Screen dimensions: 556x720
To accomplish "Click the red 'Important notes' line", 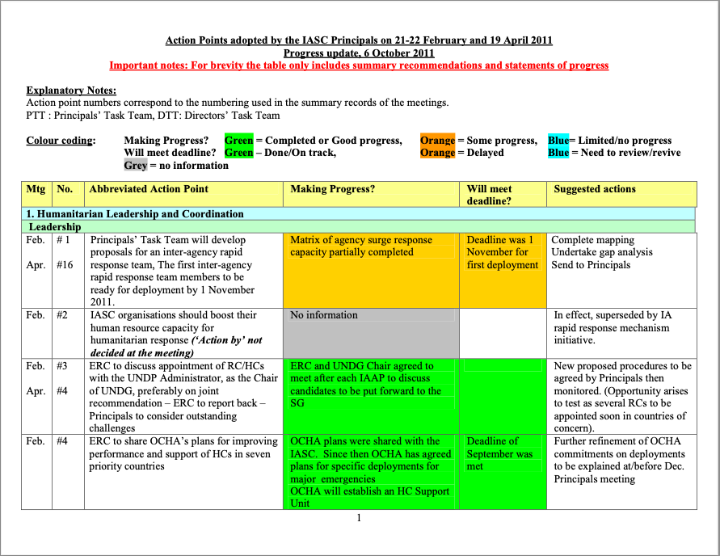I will click(359, 65).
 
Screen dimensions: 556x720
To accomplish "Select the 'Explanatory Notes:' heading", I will click(71, 91).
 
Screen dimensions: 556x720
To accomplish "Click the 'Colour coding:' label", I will click(61, 141).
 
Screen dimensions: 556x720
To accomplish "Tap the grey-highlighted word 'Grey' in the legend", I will click(136, 166).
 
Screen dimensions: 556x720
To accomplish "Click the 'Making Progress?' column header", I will click(333, 189).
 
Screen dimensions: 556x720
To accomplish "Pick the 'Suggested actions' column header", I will click(595, 189).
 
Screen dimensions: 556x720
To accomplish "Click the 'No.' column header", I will click(65, 189).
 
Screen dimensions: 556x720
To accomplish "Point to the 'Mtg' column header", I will click(36, 189).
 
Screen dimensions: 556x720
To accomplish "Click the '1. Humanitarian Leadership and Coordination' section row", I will click(136, 214).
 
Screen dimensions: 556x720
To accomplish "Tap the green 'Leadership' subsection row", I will click(55, 227).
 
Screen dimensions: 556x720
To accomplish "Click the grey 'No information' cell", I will click(324, 315).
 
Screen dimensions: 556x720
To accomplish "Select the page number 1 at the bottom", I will click(359, 519).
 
